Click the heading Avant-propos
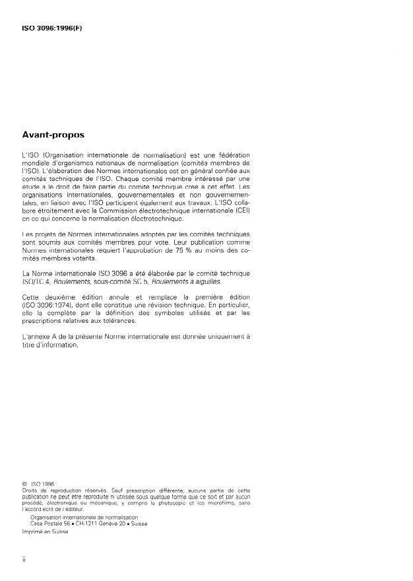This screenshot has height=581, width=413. (x=53, y=135)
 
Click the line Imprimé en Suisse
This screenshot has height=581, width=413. (x=46, y=532)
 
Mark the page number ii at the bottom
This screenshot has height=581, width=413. (x=24, y=560)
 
